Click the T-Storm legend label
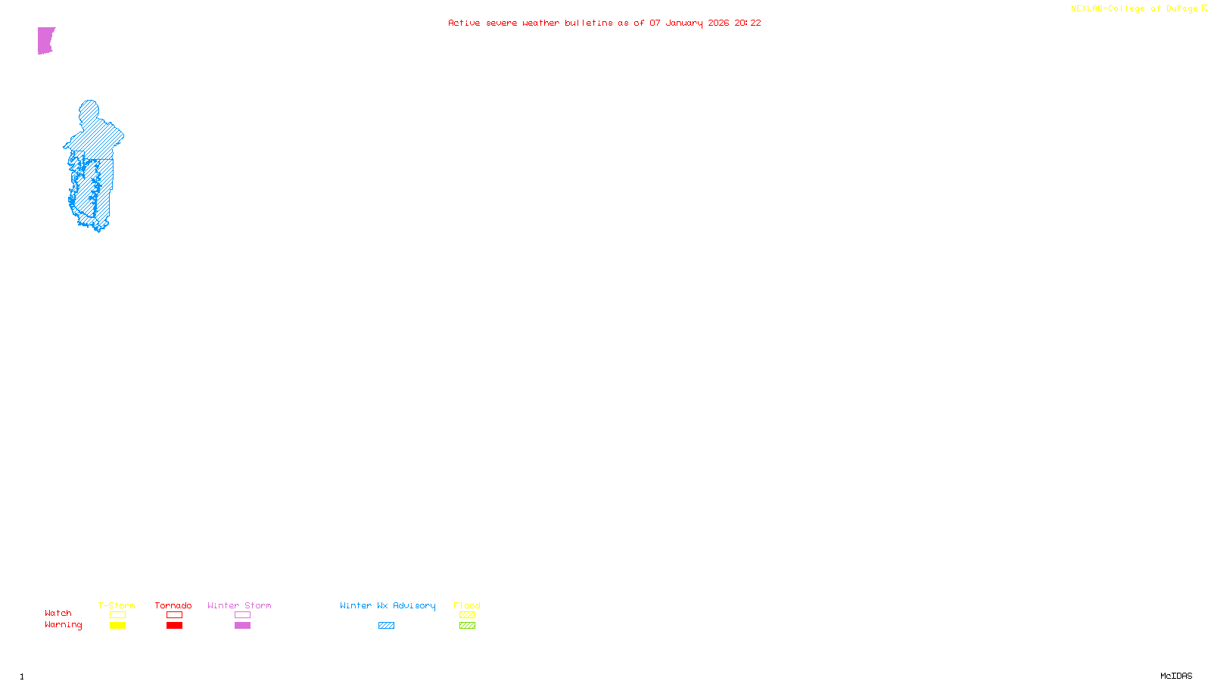pyautogui.click(x=117, y=605)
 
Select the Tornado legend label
pyautogui.click(x=173, y=605)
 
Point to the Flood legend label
pyautogui.click(x=467, y=605)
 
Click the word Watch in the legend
pyautogui.click(x=58, y=613)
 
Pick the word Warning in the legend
pyautogui.click(x=63, y=625)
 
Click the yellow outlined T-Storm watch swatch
pyautogui.click(x=117, y=615)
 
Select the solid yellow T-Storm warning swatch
pyautogui.click(x=117, y=626)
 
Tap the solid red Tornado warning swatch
pyautogui.click(x=174, y=626)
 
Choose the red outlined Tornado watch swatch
pyautogui.click(x=174, y=615)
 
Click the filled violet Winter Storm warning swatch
pyautogui.click(x=242, y=626)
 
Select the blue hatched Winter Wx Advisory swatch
pyautogui.click(x=386, y=626)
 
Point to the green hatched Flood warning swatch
pyautogui.click(x=467, y=626)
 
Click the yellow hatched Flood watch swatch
pyautogui.click(x=467, y=615)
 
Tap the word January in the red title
pyautogui.click(x=683, y=23)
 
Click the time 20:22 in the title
pyautogui.click(x=747, y=23)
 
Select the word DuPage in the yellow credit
pyautogui.click(x=1181, y=9)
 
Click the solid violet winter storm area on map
pyautogui.click(x=45, y=40)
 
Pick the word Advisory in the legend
pyautogui.click(x=414, y=605)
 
